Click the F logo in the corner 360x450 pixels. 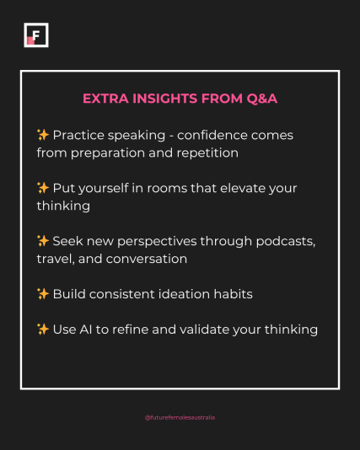pos(36,35)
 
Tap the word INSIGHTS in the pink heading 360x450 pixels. pos(164,99)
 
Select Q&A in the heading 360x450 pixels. pos(262,99)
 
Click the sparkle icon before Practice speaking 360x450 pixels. pos(43,135)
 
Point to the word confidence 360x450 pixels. pos(212,135)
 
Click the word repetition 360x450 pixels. pos(207,153)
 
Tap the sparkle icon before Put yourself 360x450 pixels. pos(43,188)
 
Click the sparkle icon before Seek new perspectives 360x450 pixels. pos(43,241)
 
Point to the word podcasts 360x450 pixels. pos(286,241)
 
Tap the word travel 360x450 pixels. pos(56,259)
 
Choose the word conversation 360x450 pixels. pos(147,259)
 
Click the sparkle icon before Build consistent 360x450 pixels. pos(43,294)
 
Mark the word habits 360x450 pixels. pos(233,294)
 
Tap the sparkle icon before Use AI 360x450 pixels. pos(43,329)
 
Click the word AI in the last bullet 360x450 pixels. pos(86,329)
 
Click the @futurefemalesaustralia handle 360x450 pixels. pos(180,418)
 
